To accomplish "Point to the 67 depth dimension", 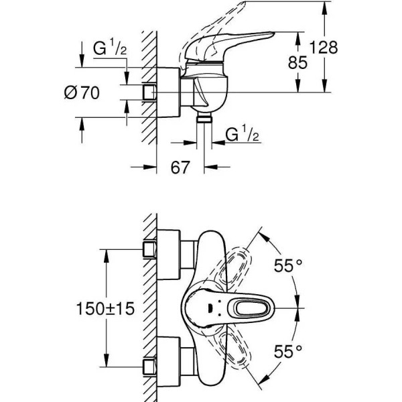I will tap(179, 167).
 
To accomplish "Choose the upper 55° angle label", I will tap(283, 265).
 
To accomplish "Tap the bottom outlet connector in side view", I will tap(205, 119).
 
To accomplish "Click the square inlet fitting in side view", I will tap(149, 92).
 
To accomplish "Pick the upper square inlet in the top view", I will tap(149, 249).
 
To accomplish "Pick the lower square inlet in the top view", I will tap(149, 367).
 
